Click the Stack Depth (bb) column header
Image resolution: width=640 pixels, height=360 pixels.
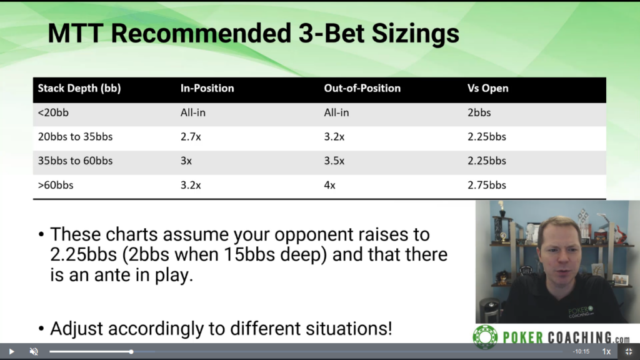pos(79,89)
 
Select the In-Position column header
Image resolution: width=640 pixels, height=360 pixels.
pos(207,88)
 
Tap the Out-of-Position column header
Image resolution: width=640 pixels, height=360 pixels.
pos(362,88)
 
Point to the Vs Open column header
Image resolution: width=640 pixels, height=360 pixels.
pos(487,89)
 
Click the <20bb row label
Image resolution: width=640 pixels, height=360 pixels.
pos(53,112)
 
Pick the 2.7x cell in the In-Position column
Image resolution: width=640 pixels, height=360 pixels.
pos(191,137)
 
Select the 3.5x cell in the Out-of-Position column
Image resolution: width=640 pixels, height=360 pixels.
pos(334,161)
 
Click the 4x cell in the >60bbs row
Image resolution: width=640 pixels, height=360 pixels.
pos(329,185)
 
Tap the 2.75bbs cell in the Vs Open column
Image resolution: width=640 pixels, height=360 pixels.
pos(486,185)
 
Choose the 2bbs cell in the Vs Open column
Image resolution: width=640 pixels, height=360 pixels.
pos(479,112)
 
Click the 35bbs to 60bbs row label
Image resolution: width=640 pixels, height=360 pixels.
pos(75,161)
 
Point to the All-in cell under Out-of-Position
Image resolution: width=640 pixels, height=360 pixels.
pos(336,112)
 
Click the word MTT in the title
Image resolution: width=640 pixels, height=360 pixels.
pos(75,34)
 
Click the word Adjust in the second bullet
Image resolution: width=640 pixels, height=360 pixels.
pos(76,329)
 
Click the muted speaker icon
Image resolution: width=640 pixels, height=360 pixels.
pos(34,351)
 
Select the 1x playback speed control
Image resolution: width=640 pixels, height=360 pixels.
pos(606,351)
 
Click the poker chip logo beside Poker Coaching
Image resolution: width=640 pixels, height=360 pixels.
pos(485,337)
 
